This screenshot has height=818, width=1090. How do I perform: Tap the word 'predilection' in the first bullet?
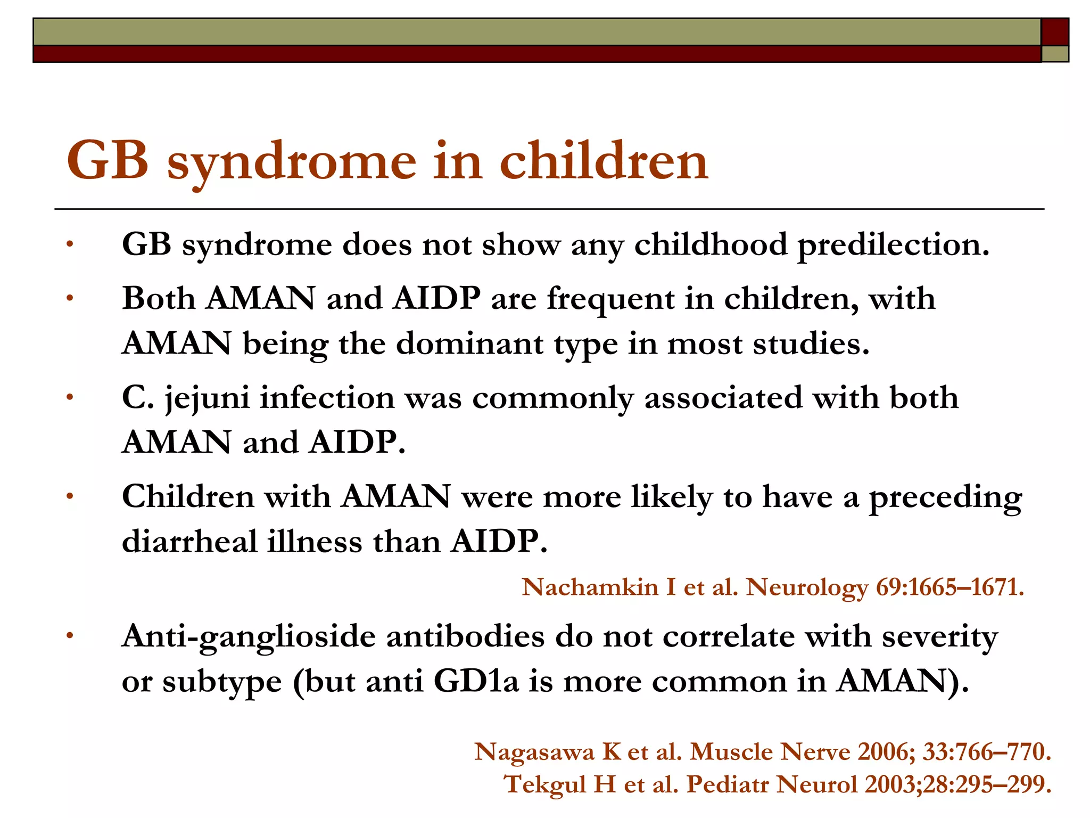point(892,246)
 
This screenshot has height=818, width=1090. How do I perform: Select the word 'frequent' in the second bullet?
point(610,298)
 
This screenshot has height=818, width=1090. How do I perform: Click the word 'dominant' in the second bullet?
point(470,343)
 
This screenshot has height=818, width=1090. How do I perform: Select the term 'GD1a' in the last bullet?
point(476,681)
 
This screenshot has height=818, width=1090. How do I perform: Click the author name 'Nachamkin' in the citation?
point(590,587)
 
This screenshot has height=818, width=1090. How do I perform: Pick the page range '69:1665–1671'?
point(949,587)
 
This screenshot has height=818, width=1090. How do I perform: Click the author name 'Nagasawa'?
point(534,752)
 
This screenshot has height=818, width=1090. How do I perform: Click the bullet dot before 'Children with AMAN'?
point(69,496)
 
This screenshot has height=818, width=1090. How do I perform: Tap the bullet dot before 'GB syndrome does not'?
point(69,244)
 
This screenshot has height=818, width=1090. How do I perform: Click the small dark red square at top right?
point(1055,32)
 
